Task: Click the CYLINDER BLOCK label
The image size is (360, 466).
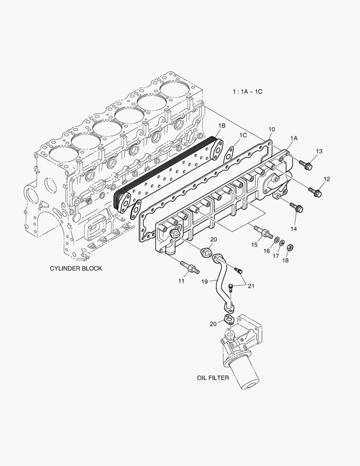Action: pos(76,268)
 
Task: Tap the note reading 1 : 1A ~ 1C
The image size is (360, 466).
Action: pos(247,92)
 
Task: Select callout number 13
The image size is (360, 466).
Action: pos(319,151)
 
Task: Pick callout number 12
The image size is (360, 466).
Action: pos(327,179)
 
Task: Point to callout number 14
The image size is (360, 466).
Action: pos(294,228)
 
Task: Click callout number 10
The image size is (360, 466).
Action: pos(272,129)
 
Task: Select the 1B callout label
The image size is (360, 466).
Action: pos(222,126)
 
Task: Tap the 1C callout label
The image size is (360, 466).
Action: pos(243,135)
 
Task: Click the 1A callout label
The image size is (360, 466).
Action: pos(294,138)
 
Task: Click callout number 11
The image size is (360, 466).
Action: pos(182,281)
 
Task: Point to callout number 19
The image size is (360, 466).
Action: pos(205,281)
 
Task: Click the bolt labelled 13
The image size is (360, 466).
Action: pos(306,165)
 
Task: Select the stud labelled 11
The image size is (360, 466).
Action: pos(190,267)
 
